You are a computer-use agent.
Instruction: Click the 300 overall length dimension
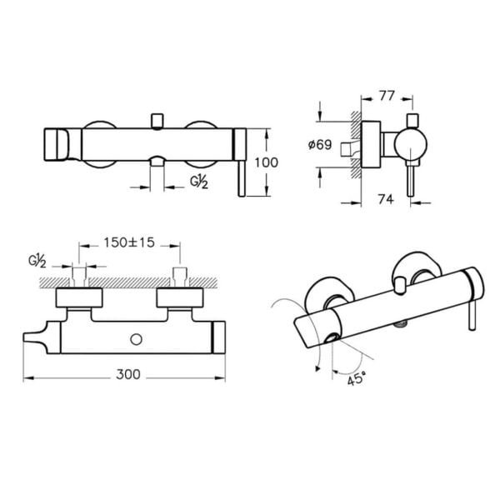pyautogui.click(x=128, y=374)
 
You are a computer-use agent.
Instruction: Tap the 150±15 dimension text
pyautogui.click(x=129, y=242)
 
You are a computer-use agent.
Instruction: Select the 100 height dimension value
pyautogui.click(x=267, y=162)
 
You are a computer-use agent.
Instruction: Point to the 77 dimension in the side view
pyautogui.click(x=387, y=96)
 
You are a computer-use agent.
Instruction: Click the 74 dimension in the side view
pyautogui.click(x=386, y=199)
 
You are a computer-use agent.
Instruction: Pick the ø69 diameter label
pyautogui.click(x=320, y=145)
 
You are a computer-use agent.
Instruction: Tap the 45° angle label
pyautogui.click(x=356, y=379)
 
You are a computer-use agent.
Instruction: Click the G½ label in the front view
pyautogui.click(x=199, y=182)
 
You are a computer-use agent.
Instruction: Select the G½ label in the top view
pyautogui.click(x=37, y=261)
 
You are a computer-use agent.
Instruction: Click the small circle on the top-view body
pyautogui.click(x=136, y=340)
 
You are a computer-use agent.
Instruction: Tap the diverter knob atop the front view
pyautogui.click(x=157, y=122)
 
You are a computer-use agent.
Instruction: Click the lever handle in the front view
pyautogui.click(x=242, y=177)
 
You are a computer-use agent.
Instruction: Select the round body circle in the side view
pyautogui.click(x=411, y=144)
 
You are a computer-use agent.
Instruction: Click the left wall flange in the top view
pyautogui.click(x=79, y=297)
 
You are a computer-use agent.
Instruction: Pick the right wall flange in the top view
pyautogui.click(x=180, y=297)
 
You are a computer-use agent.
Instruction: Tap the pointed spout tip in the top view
pyautogui.click(x=24, y=337)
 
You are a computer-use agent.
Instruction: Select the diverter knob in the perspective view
pyautogui.click(x=399, y=285)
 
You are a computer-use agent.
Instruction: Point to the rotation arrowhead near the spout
pyautogui.click(x=317, y=368)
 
